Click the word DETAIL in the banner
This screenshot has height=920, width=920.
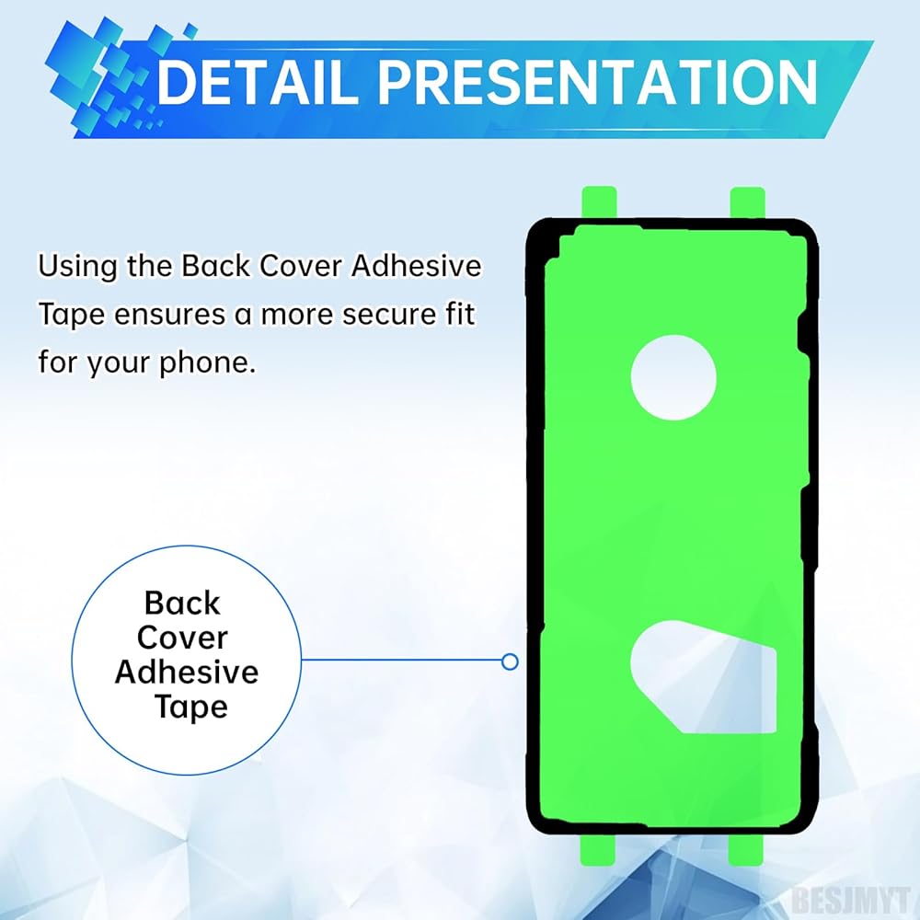click(258, 82)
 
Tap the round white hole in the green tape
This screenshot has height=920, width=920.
click(673, 377)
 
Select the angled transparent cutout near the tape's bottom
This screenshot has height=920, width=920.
click(703, 677)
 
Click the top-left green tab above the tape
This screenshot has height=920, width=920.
click(599, 203)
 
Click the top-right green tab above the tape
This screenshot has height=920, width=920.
click(747, 203)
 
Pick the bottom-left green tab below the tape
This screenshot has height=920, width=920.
click(597, 849)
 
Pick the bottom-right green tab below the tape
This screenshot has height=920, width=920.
click(746, 849)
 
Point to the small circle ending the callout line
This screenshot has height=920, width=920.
click(510, 661)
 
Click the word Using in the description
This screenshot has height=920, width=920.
click(77, 268)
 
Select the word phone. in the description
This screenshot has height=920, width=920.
click(208, 363)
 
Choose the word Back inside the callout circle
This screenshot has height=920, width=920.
click(182, 603)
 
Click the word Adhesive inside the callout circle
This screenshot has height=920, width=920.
click(187, 672)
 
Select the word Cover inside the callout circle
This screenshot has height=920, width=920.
click(182, 638)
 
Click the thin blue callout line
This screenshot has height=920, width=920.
click(402, 660)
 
